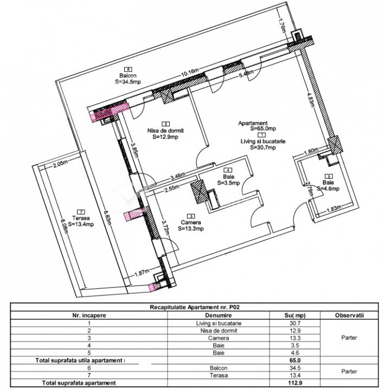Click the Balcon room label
127,75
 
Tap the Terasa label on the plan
81,218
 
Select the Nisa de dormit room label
165,130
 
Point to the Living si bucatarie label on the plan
263,141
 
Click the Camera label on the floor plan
191,223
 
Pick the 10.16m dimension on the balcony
190,73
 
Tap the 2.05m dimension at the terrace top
60,164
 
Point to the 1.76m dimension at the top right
282,25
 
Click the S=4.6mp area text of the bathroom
328,188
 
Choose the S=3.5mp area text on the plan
228,183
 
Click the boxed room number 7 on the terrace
81,212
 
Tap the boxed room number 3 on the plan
191,216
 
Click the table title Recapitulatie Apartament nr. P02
195,307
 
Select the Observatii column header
349,315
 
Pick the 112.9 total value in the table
295,382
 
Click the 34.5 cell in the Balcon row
295,368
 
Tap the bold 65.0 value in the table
295,361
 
